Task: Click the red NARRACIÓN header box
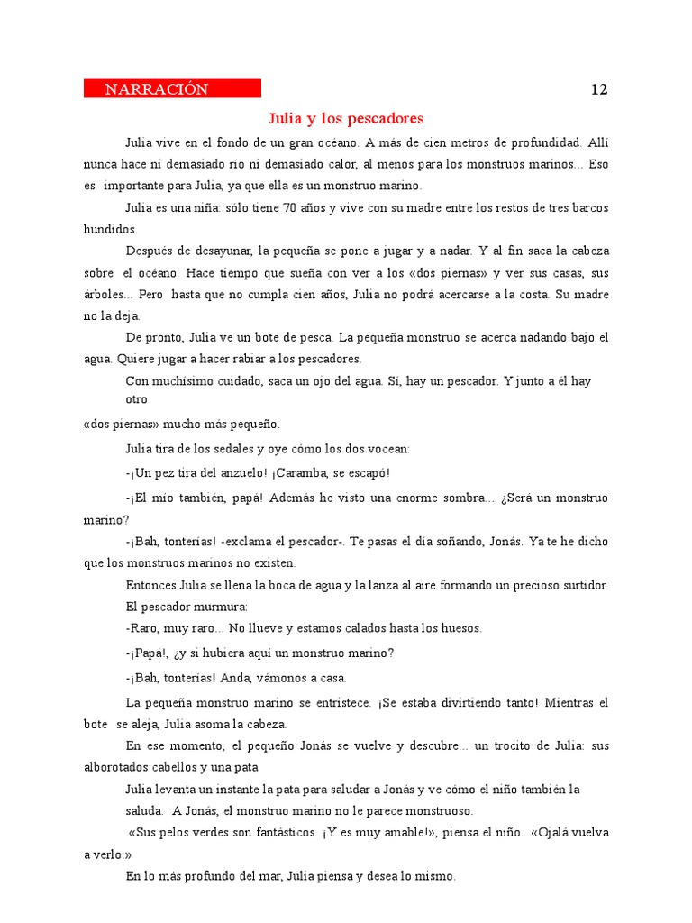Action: point(172,88)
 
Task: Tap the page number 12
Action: point(599,89)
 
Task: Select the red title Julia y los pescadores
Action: point(346,119)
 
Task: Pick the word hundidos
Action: point(110,229)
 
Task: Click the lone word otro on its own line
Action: point(136,398)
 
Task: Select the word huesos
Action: point(457,628)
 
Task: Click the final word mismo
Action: point(435,875)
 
